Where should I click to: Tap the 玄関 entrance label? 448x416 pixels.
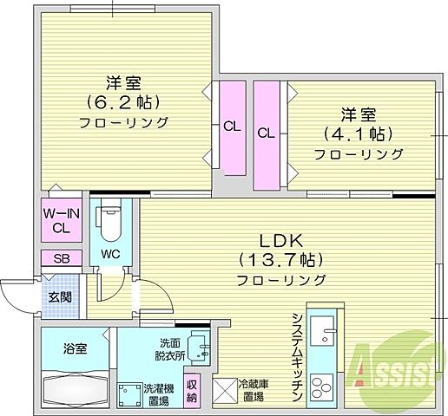tap(61, 297)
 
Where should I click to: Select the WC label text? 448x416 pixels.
tap(109, 254)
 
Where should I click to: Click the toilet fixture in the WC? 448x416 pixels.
tap(110, 221)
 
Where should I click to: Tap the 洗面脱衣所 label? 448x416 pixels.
tap(170, 348)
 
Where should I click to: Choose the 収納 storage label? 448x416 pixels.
tap(193, 393)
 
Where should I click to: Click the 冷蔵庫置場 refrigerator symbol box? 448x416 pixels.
tap(225, 392)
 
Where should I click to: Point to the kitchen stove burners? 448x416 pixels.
tap(320, 385)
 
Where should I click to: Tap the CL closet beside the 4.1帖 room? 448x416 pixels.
tap(266, 134)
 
